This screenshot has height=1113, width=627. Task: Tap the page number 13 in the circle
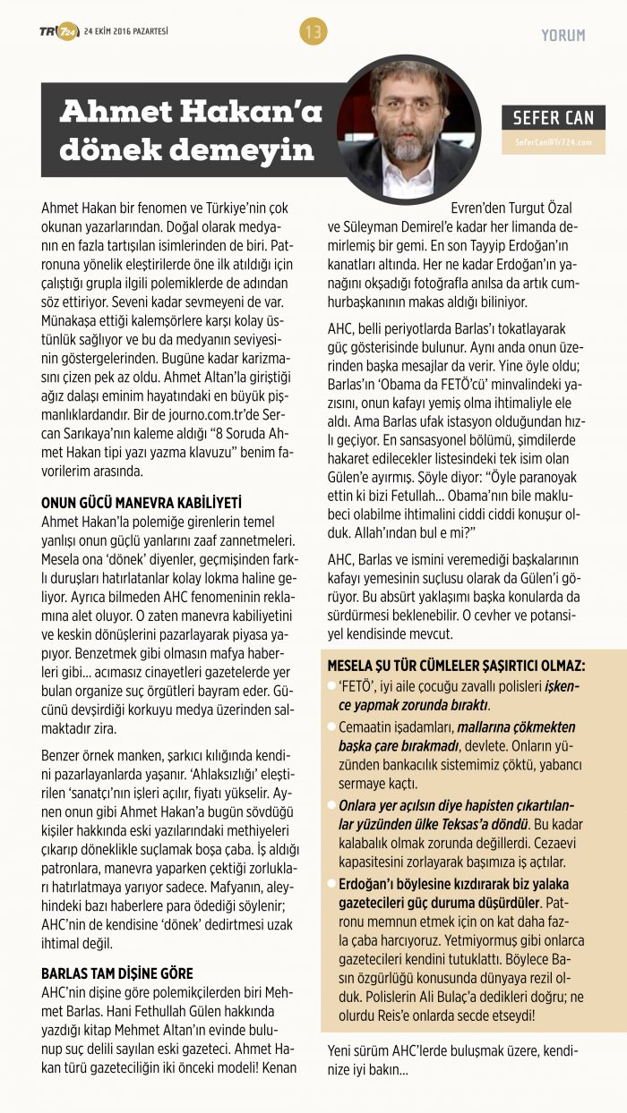[x=313, y=32]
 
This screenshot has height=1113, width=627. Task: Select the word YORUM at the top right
[x=563, y=35]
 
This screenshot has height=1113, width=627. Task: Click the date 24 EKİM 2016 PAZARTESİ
[x=125, y=32]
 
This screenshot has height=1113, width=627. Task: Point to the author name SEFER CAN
[x=554, y=118]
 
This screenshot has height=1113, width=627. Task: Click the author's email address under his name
[x=554, y=142]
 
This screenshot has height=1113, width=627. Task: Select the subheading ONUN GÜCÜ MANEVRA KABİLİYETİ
[x=142, y=503]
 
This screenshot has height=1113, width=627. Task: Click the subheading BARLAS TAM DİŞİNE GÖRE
[x=117, y=973]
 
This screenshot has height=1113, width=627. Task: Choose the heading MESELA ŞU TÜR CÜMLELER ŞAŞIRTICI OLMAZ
[x=457, y=667]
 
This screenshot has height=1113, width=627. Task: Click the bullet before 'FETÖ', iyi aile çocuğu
[x=332, y=685]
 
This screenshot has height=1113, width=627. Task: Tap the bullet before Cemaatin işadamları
[x=332, y=726]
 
